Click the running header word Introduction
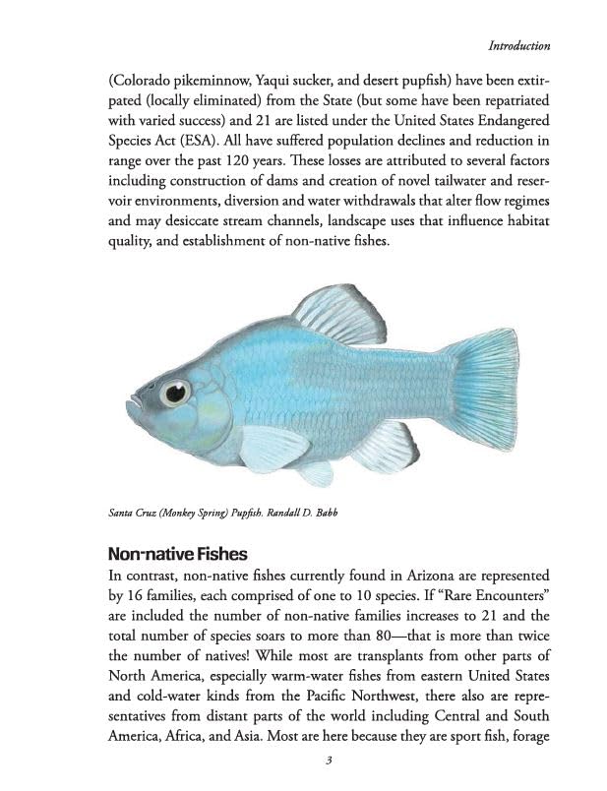pos(518,45)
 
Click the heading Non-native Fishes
pos(177,554)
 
